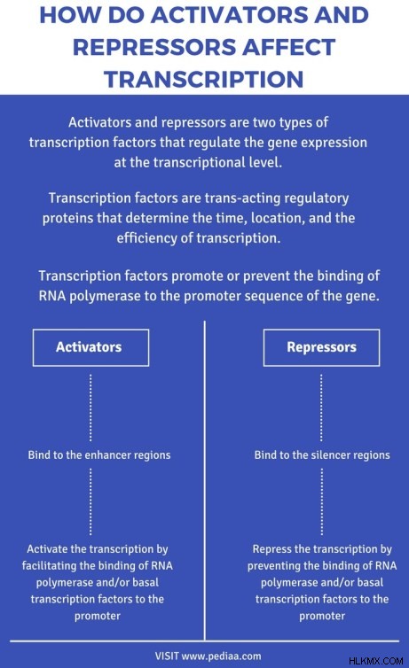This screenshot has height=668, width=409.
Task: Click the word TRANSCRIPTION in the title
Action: click(x=204, y=79)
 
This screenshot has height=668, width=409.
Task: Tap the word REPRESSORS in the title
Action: click(x=154, y=47)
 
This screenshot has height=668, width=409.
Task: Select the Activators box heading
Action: click(x=89, y=346)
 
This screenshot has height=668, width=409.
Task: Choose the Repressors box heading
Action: click(x=321, y=346)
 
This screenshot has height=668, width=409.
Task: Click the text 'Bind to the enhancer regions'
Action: click(x=99, y=455)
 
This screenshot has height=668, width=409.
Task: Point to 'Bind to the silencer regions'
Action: click(x=322, y=455)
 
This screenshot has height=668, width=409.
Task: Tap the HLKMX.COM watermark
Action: click(x=376, y=661)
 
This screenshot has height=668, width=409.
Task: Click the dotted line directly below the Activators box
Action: click(x=90, y=408)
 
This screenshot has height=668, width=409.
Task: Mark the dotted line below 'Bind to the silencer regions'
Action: click(x=321, y=501)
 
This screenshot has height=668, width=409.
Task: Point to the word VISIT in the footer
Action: click(x=167, y=656)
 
